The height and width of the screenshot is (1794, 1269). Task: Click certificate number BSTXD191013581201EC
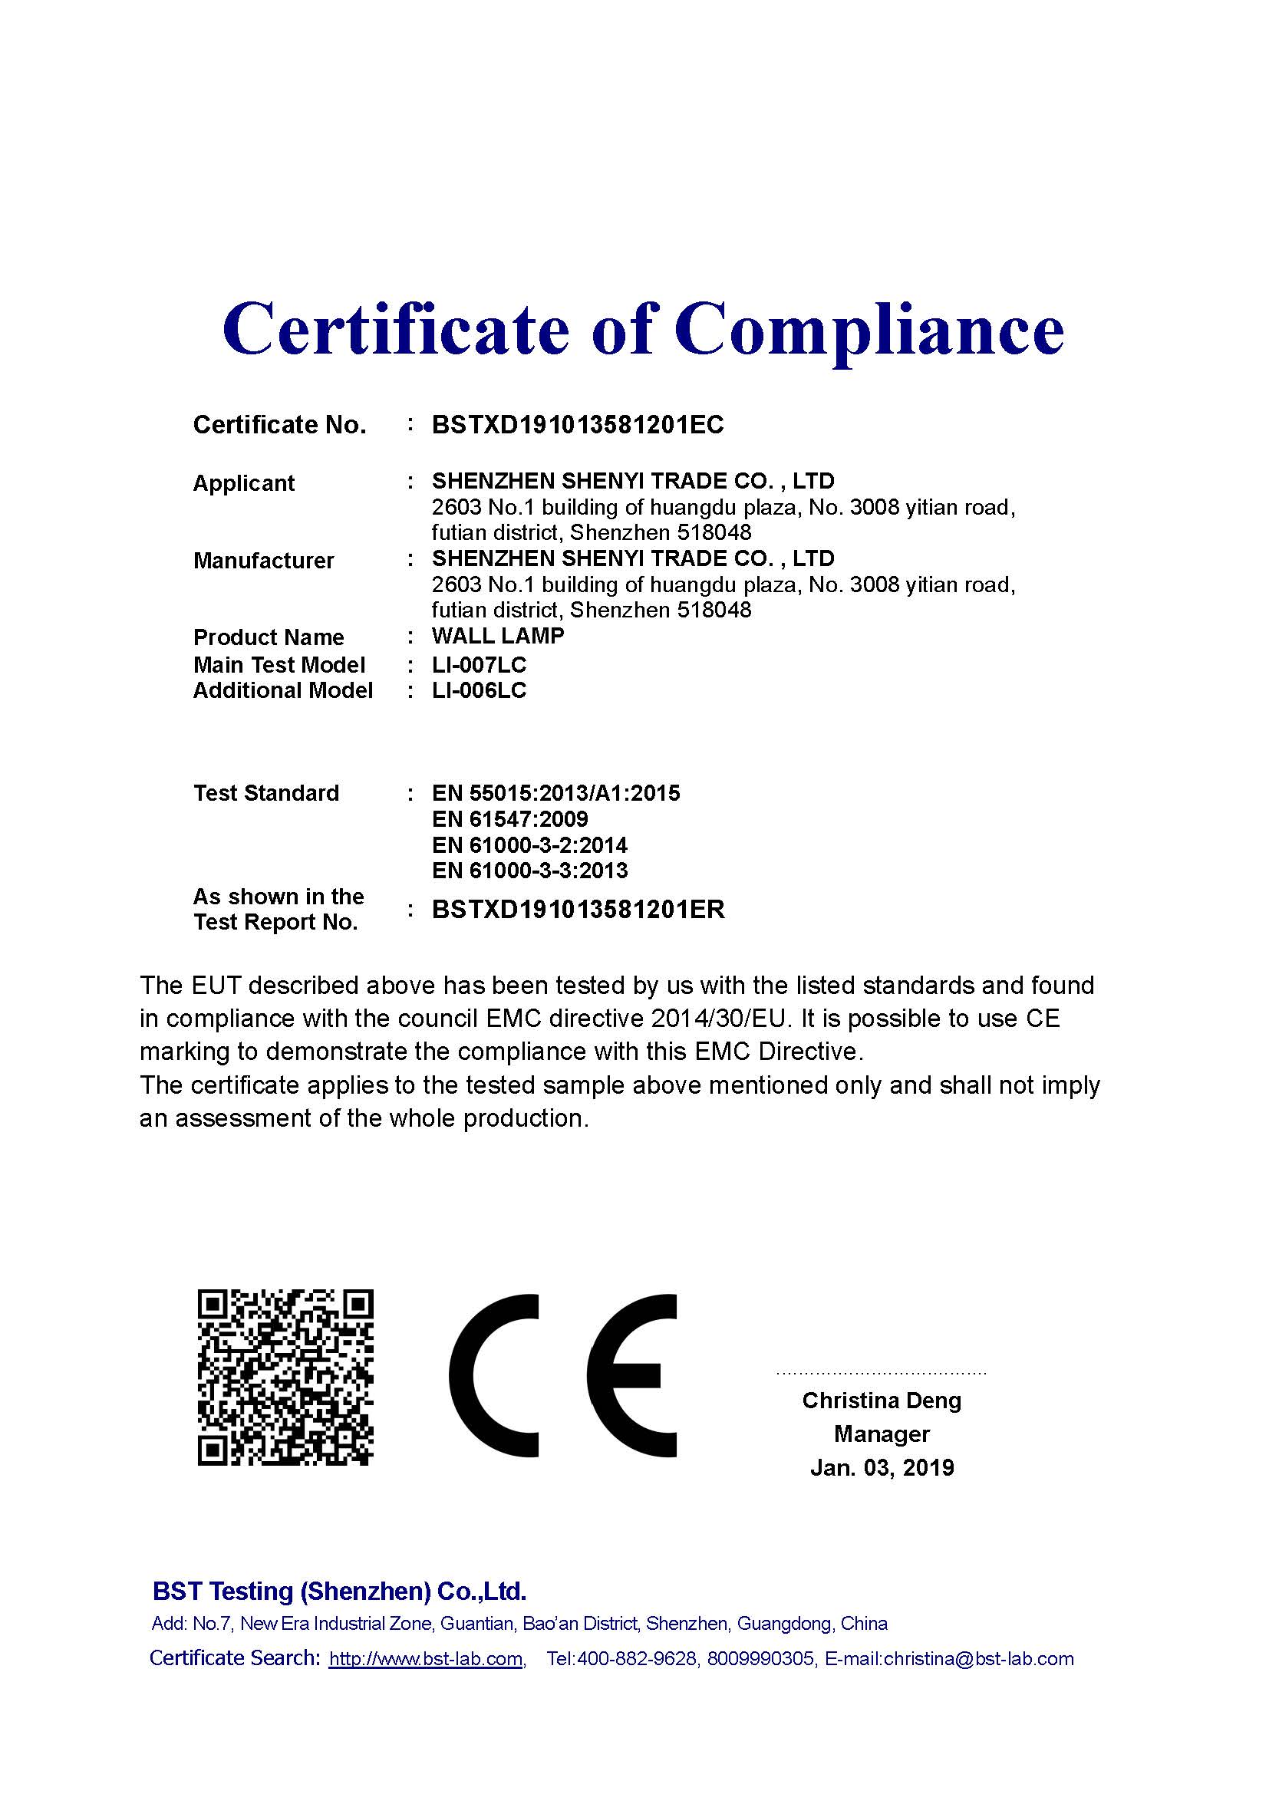point(578,425)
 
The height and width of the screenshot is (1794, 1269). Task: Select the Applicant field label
point(243,484)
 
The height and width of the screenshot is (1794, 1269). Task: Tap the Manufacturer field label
point(263,561)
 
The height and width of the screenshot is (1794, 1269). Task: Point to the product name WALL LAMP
point(498,636)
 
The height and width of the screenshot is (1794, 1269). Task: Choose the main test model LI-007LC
point(479,665)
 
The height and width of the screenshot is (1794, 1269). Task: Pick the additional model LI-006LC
point(479,691)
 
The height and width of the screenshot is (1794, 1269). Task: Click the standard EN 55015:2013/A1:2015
point(555,794)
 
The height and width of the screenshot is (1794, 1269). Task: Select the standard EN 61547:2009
point(509,820)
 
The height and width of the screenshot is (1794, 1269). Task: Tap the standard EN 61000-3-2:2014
point(529,845)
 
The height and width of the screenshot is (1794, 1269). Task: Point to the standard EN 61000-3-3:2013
point(529,871)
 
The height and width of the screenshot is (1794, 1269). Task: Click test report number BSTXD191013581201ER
point(578,910)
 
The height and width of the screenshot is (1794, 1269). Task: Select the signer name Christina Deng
point(882,1401)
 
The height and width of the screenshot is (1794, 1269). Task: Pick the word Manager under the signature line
point(882,1434)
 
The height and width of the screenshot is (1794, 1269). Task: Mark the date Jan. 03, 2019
point(882,1468)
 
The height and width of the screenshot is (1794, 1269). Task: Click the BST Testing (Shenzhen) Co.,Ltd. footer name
point(339,1592)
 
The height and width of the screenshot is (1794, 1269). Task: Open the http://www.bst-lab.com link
point(425,1659)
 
